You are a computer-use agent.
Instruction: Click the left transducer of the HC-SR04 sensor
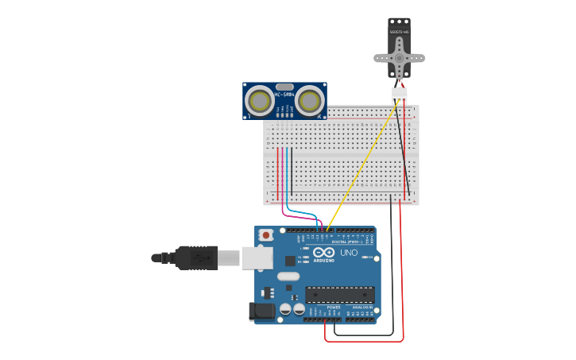coord(260,101)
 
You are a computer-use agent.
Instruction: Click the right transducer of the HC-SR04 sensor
coord(309,101)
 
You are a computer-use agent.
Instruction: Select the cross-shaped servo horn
coord(400,58)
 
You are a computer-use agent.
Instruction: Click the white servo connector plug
coord(399,95)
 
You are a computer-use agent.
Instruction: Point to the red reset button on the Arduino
coord(266,235)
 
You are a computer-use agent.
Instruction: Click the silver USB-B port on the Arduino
coord(256,257)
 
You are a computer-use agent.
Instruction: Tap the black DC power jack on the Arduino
coord(262,311)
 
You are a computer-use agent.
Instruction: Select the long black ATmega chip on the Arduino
coord(339,294)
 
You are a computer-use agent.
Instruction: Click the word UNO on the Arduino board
coord(349,253)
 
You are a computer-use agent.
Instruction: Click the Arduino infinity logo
coord(323,252)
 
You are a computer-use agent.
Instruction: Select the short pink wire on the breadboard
coord(282,171)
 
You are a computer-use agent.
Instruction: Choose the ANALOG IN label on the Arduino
coord(361,307)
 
